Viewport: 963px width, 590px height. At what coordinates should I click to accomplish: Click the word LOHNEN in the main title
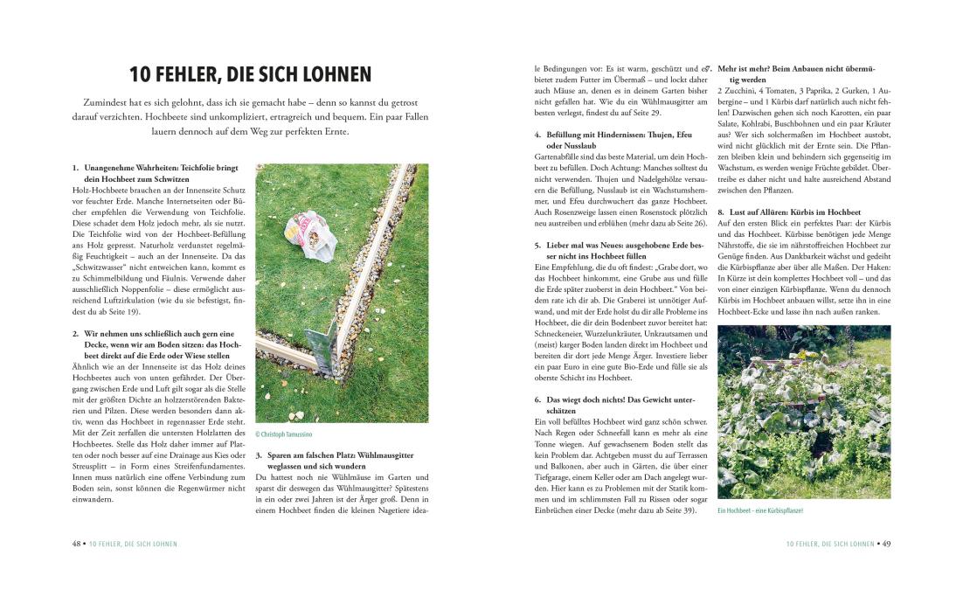pyautogui.click(x=329, y=74)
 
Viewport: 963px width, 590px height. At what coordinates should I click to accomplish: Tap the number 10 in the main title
pyautogui.click(x=143, y=74)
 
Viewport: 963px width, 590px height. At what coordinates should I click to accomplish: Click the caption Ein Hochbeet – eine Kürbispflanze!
pyautogui.click(x=759, y=510)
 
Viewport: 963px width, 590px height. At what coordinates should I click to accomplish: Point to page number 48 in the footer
pyautogui.click(x=77, y=543)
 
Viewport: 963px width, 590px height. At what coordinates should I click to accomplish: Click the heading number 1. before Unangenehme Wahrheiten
pyautogui.click(x=76, y=167)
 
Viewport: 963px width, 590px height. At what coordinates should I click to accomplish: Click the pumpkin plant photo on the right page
pyautogui.click(x=803, y=412)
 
